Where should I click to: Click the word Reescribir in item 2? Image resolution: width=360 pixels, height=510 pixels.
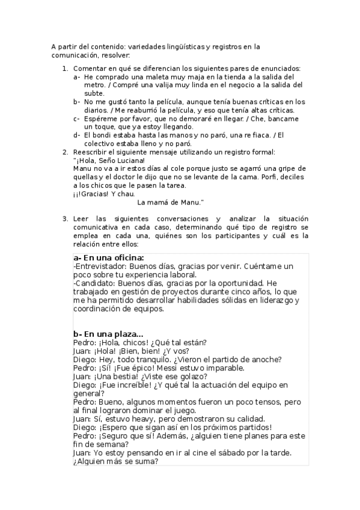click(92, 152)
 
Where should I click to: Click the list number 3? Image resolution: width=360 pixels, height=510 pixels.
click(66, 219)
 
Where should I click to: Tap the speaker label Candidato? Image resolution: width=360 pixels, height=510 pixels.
click(94, 283)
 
